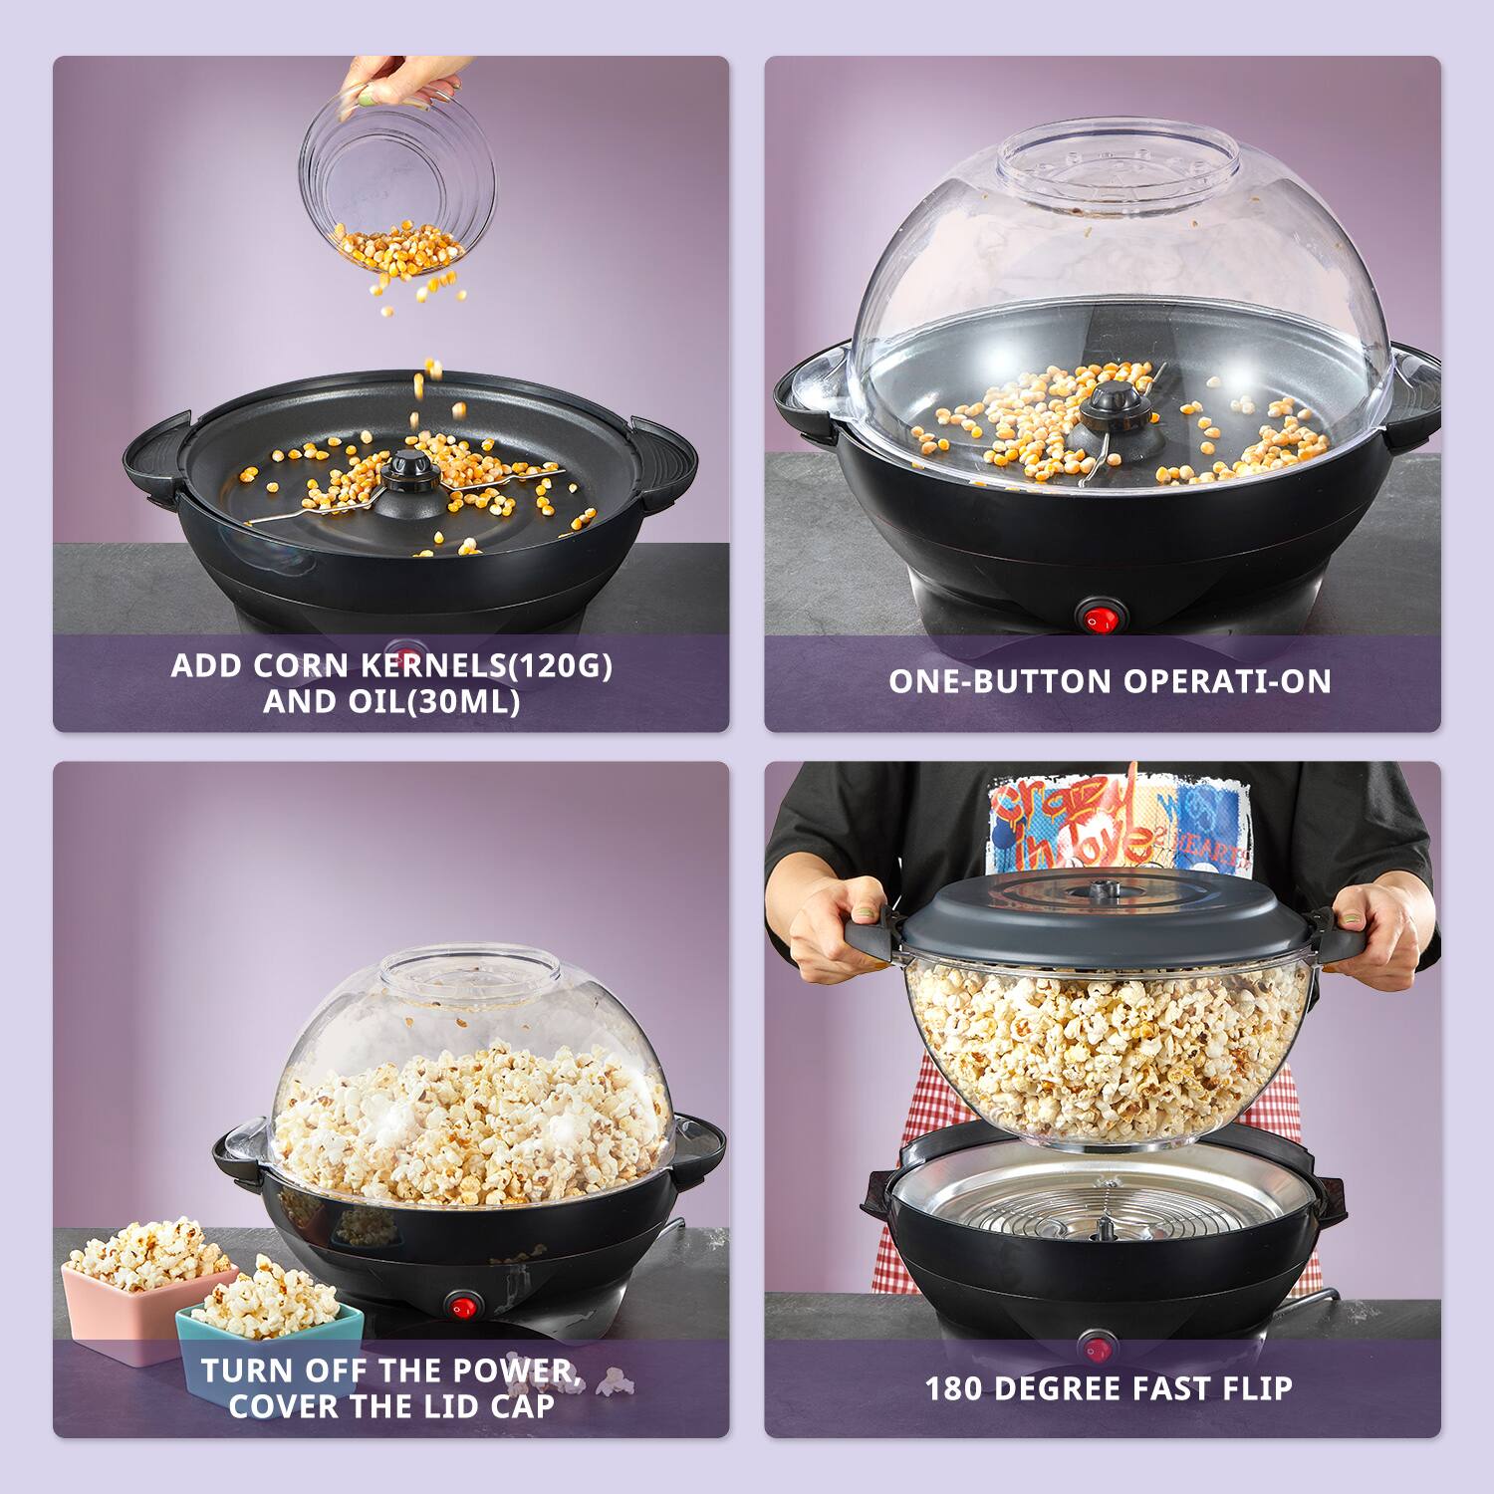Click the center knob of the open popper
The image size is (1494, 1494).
click(405, 469)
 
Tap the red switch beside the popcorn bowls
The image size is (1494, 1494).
click(461, 1307)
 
